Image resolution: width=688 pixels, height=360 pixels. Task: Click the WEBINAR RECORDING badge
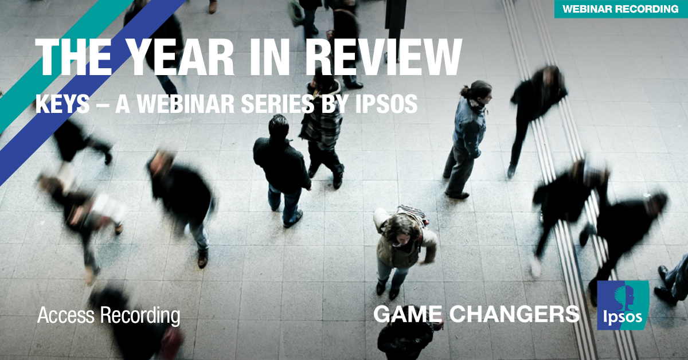621,9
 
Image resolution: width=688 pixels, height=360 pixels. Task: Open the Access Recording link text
108,315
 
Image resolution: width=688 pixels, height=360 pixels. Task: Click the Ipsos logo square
623,305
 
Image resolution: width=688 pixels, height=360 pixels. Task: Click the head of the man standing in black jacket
278,124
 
